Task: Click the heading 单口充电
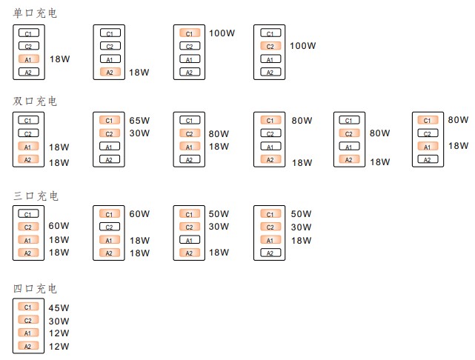pyautogui.click(x=35, y=13)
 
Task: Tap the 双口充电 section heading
pyautogui.click(x=35, y=101)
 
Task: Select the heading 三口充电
pyautogui.click(x=35, y=196)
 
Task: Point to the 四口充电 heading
pyautogui.click(x=35, y=288)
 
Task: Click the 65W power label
pyautogui.click(x=139, y=120)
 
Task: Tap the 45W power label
pyautogui.click(x=59, y=308)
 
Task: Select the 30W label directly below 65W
pyautogui.click(x=139, y=133)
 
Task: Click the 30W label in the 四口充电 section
pyautogui.click(x=59, y=321)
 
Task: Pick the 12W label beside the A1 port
pyautogui.click(x=59, y=334)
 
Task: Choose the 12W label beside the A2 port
pyautogui.click(x=59, y=347)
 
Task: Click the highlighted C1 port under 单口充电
pyautogui.click(x=189, y=33)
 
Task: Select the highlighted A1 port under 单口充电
pyautogui.click(x=29, y=59)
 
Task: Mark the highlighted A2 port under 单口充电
pyautogui.click(x=109, y=72)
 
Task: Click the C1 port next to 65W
pyautogui.click(x=109, y=120)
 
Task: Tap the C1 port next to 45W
pyautogui.click(x=29, y=307)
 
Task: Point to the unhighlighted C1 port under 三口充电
pyautogui.click(x=29, y=214)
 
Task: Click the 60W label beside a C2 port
pyautogui.click(x=59, y=227)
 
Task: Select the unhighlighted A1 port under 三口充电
pyautogui.click(x=189, y=240)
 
